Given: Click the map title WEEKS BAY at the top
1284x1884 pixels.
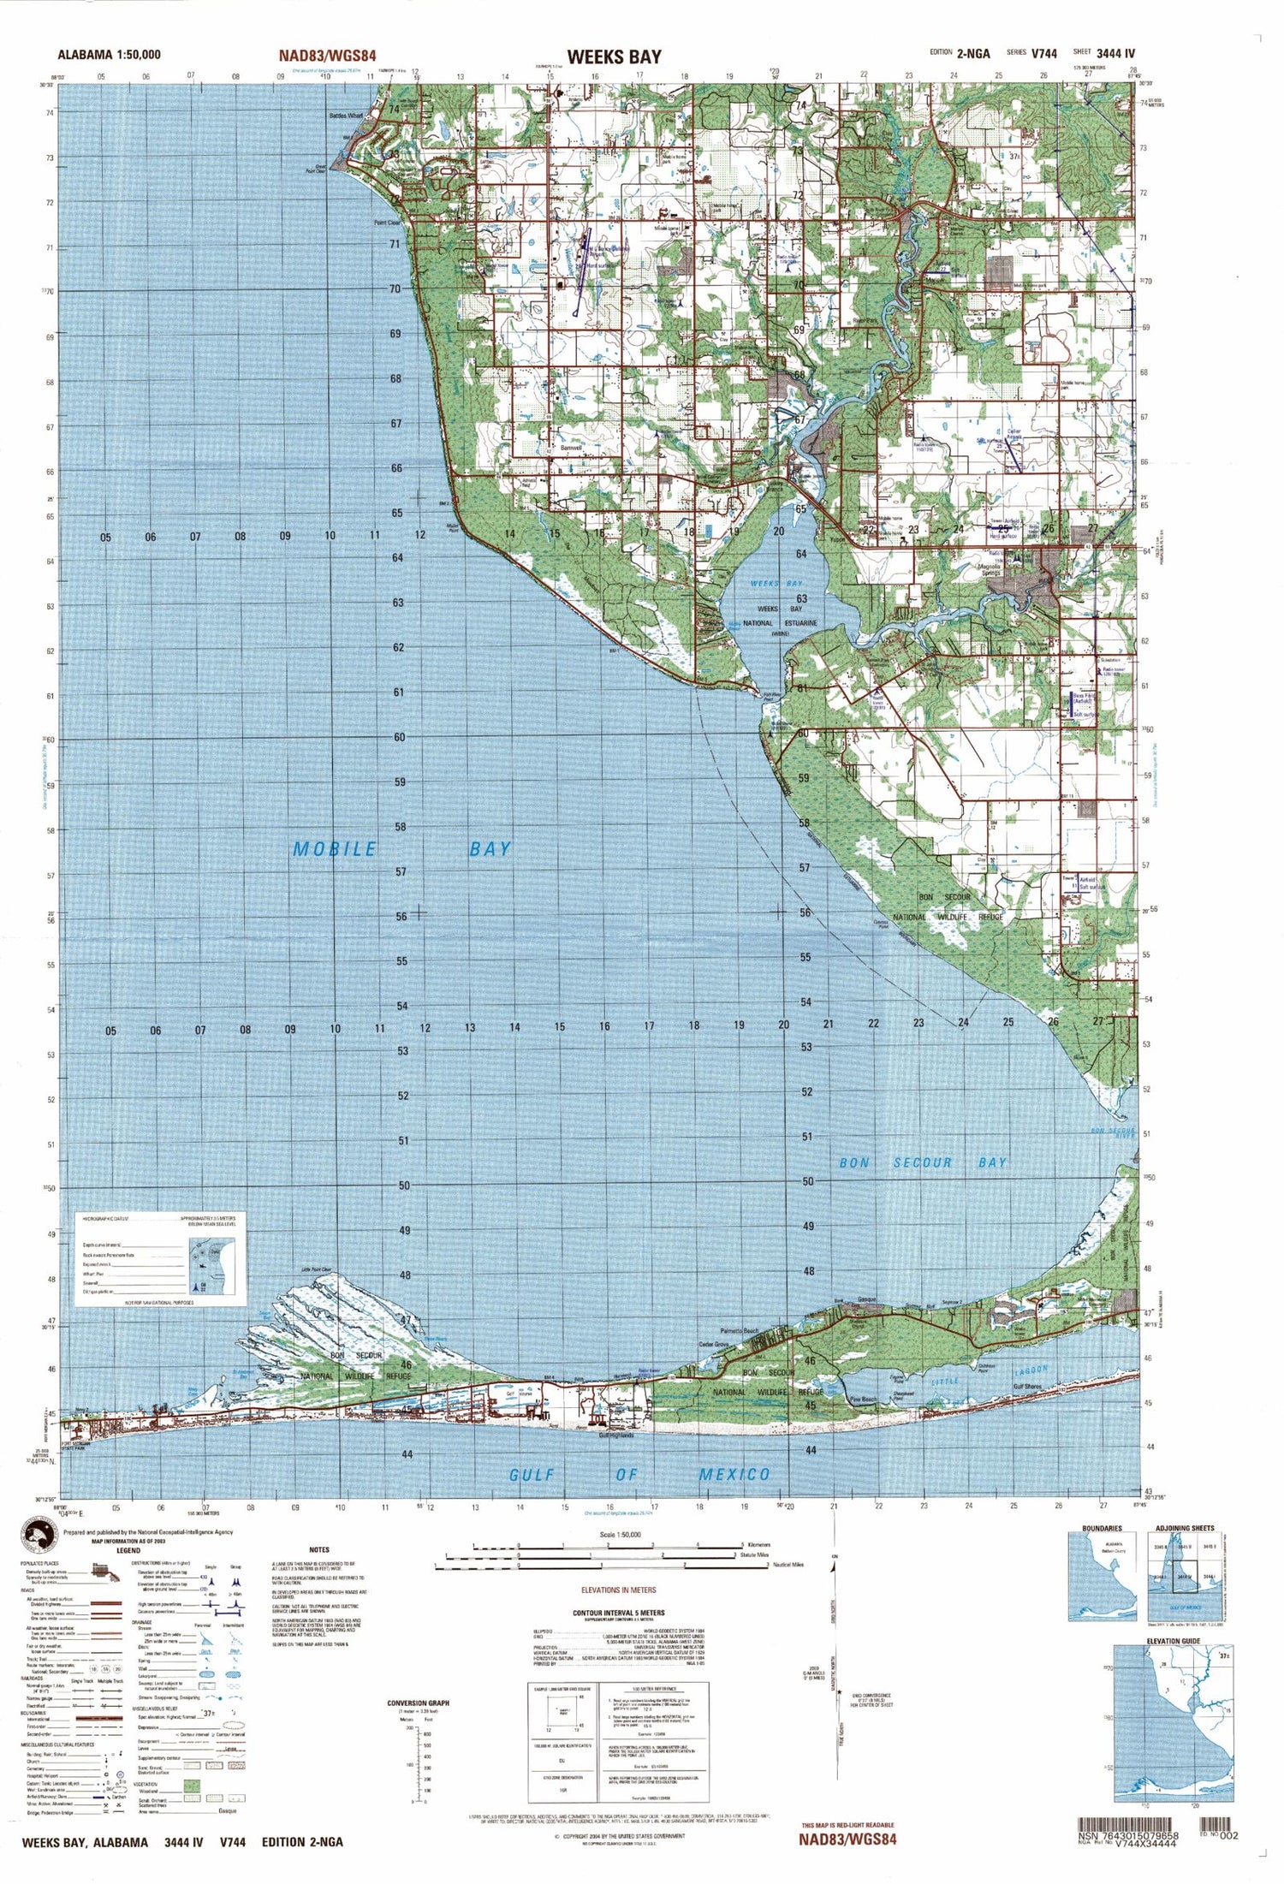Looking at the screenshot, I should (x=614, y=56).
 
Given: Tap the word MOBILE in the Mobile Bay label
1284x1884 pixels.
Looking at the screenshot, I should (x=335, y=849).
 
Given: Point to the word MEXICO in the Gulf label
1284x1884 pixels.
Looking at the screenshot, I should (x=734, y=1474).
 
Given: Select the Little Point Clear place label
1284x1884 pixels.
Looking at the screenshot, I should (x=316, y=1269).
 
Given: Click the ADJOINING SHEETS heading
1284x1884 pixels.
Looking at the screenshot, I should (x=1184, y=1528).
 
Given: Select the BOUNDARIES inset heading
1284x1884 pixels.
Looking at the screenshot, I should (x=1101, y=1528).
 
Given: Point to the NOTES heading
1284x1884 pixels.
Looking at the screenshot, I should (x=319, y=1549).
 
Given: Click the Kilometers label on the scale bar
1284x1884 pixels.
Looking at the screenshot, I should (x=758, y=1545).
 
